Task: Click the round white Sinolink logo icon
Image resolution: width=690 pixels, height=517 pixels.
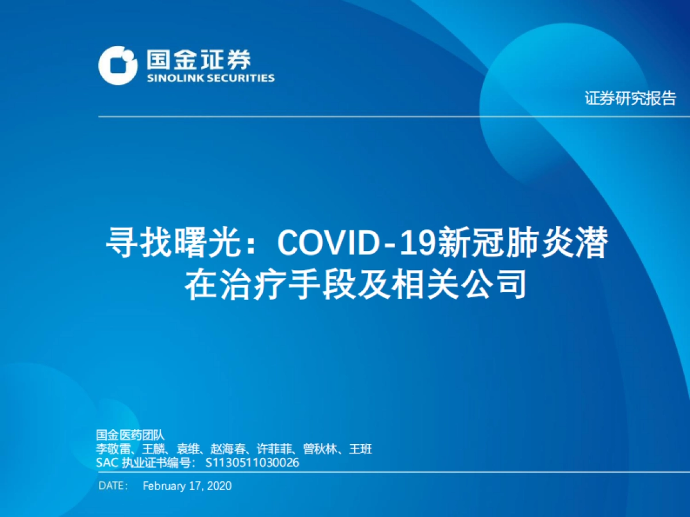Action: (118, 64)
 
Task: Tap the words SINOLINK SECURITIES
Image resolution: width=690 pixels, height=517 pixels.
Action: (210, 78)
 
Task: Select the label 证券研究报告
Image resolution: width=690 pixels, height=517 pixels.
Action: (630, 99)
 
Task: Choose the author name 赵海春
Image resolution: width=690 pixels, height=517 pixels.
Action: (228, 449)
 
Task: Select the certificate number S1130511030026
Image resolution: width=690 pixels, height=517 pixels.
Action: (252, 462)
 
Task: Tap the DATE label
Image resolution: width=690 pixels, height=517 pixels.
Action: (113, 485)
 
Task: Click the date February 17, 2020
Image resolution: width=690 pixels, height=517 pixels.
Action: (187, 485)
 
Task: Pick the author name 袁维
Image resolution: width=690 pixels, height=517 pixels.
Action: (187, 449)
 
